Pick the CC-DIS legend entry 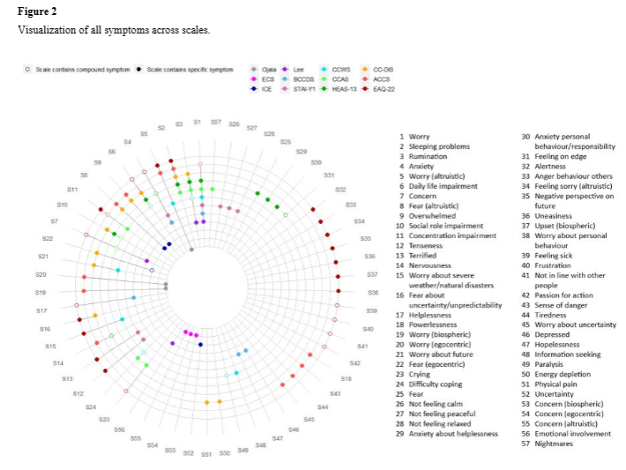pos(383,69)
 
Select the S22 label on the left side pos(48,238)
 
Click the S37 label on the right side pos(371,274)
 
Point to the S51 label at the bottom pos(205,454)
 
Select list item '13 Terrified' pos(423,255)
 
